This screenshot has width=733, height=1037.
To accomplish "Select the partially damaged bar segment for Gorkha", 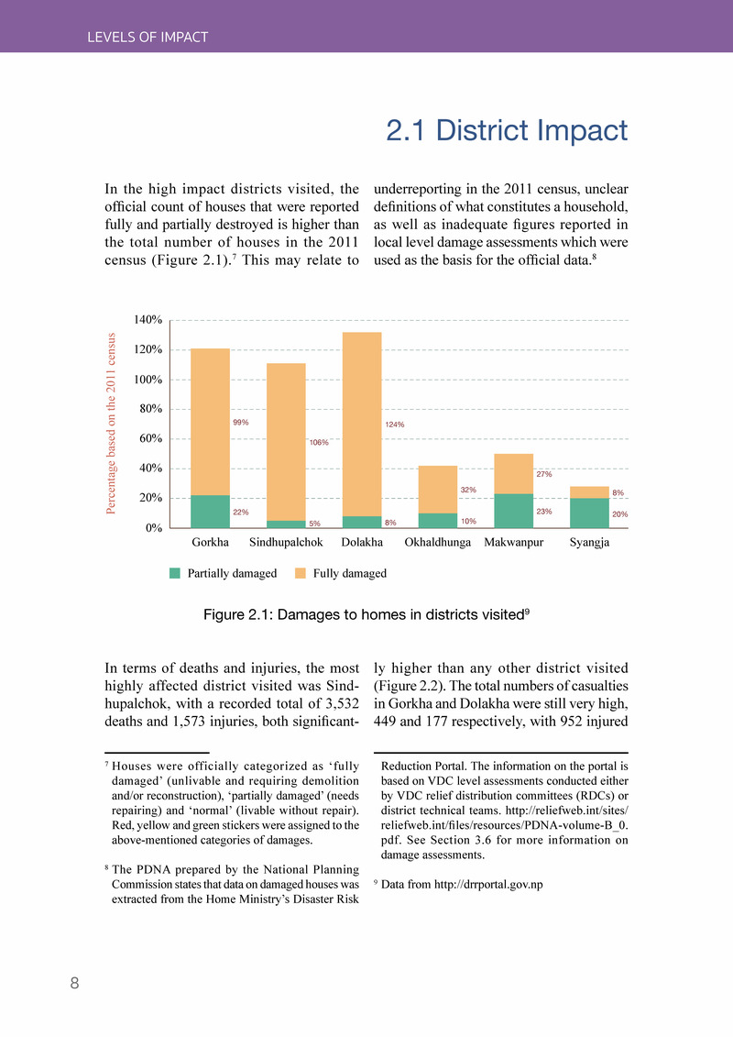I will [x=210, y=512].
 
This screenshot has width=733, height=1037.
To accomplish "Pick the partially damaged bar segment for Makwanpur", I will [x=513, y=511].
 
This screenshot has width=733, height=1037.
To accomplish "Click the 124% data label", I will [x=395, y=425].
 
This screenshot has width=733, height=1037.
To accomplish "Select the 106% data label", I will [x=319, y=443].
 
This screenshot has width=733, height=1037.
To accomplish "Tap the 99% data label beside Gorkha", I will [x=241, y=423].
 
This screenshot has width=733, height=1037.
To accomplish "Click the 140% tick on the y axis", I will [x=148, y=320].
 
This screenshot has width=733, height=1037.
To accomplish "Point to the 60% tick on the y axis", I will [x=150, y=438].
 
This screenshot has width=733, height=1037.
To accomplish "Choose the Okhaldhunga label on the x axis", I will [x=438, y=543].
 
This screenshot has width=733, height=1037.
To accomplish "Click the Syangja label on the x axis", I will [x=589, y=543].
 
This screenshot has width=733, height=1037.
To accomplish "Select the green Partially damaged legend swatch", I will [x=176, y=574].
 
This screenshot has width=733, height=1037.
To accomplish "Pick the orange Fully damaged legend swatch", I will [x=301, y=574].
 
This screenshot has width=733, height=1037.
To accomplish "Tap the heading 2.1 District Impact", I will [x=507, y=131].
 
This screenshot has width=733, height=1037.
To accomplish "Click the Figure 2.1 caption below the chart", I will [x=366, y=614].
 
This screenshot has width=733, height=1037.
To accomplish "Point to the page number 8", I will [x=75, y=984].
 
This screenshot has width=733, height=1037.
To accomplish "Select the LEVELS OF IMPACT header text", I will [x=148, y=38].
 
